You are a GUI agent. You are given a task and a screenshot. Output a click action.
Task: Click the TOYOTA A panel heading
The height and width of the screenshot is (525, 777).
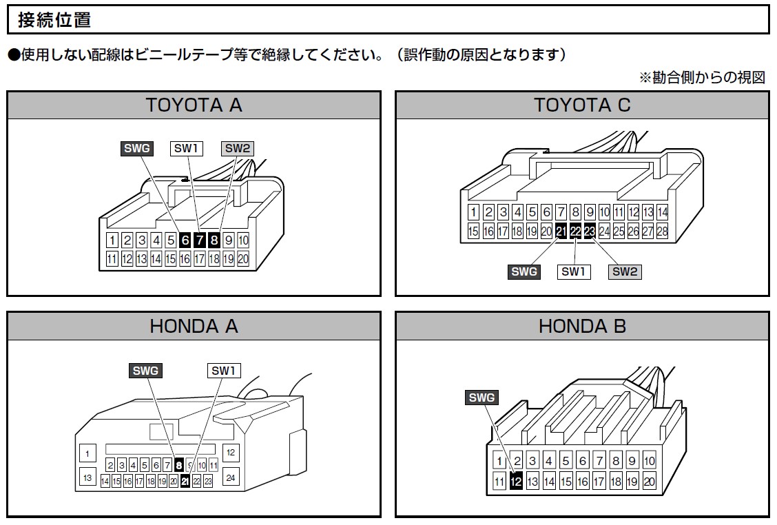[x=194, y=105]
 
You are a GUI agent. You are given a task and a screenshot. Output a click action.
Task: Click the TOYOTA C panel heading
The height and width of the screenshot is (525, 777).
[x=582, y=105]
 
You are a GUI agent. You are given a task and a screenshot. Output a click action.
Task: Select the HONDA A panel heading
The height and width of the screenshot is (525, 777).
[x=194, y=326]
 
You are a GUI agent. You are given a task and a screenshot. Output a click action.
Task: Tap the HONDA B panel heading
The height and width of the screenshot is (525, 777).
[x=582, y=326]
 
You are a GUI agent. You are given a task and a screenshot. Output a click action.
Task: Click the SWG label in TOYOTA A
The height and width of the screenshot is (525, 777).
[x=136, y=147]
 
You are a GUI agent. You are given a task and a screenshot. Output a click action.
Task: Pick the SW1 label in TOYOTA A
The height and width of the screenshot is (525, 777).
[x=185, y=147]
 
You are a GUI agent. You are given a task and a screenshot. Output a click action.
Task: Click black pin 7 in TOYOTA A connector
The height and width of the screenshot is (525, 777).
[x=200, y=240]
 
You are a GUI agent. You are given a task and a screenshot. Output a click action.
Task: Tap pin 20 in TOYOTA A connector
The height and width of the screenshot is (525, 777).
[x=243, y=259]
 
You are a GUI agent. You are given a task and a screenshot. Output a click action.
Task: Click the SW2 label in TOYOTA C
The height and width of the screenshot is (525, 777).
[x=625, y=271]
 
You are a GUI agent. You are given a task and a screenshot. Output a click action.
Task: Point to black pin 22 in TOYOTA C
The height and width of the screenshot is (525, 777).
[x=575, y=231]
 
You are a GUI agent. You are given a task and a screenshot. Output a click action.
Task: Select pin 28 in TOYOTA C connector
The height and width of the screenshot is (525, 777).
[x=663, y=231]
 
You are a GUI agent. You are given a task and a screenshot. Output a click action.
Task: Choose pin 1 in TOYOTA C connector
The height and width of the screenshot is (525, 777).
[x=473, y=212]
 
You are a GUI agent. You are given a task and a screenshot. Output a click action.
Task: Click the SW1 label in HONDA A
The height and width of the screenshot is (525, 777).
[x=224, y=371]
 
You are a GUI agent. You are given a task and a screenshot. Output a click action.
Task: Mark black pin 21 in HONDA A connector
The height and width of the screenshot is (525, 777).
[x=185, y=482]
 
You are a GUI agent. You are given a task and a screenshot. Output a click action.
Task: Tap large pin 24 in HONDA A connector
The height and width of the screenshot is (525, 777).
[x=231, y=477]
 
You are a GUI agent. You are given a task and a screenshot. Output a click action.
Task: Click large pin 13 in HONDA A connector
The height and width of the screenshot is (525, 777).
[x=87, y=477]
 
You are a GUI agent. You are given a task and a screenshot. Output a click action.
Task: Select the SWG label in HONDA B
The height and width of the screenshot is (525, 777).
[x=481, y=398]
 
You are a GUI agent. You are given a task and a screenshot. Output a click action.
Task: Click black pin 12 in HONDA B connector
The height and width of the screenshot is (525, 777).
[x=516, y=482]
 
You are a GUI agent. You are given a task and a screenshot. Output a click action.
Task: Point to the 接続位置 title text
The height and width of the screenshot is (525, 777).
[x=54, y=20]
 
